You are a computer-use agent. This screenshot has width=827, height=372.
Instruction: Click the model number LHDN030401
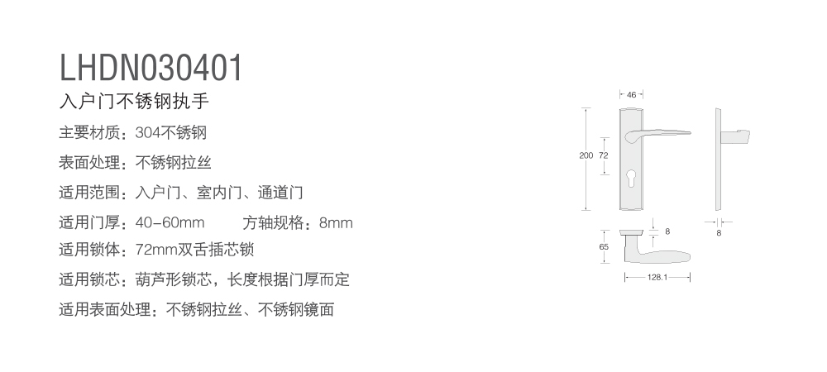tap(151, 68)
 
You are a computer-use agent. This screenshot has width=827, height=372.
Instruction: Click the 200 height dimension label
tap(586, 155)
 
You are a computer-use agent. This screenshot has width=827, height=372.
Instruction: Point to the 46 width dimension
tap(631, 95)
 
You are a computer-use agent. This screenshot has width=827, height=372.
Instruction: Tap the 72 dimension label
tap(604, 155)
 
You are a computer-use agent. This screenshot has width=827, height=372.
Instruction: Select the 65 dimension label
tap(604, 246)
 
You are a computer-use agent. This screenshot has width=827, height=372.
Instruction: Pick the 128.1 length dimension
tap(657, 277)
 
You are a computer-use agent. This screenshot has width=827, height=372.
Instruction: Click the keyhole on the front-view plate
tap(631, 177)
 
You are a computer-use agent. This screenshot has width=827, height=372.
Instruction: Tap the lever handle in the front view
tap(657, 135)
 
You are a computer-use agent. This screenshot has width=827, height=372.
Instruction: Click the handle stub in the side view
tap(734, 136)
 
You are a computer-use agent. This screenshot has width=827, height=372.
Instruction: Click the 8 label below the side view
tap(719, 233)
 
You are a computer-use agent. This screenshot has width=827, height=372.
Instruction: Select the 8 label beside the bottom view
tap(667, 231)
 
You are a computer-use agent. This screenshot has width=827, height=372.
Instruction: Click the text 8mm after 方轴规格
tap(336, 223)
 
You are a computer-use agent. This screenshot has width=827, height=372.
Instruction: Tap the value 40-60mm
tap(170, 222)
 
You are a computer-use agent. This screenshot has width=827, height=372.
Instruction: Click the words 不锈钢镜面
tap(296, 310)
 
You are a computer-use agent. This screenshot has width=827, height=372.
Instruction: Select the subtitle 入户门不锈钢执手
tap(134, 101)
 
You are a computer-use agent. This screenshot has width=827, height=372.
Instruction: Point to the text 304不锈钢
tap(171, 133)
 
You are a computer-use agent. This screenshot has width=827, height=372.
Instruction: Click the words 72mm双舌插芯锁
tap(194, 249)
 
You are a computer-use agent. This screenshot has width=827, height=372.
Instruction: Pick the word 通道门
tap(280, 193)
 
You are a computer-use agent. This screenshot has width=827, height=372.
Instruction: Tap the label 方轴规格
tap(273, 223)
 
